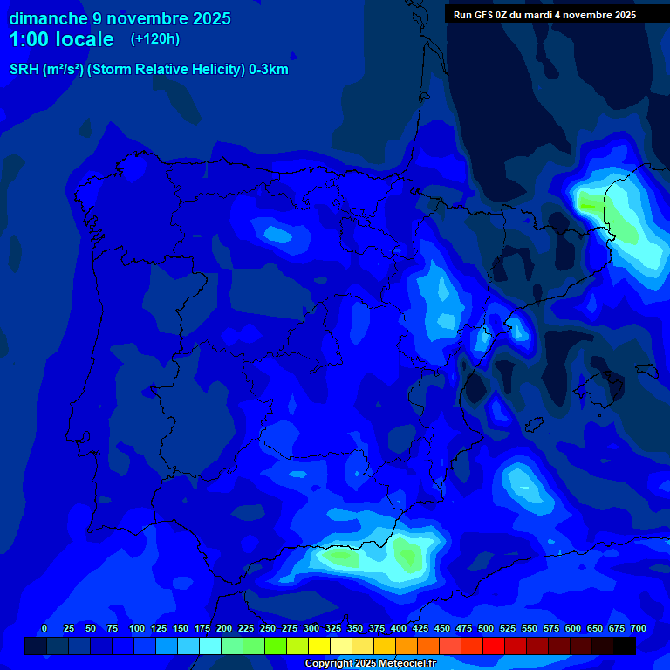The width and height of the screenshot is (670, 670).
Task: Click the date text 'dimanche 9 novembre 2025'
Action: tap(120, 18)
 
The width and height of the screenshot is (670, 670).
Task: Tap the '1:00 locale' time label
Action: tap(61, 39)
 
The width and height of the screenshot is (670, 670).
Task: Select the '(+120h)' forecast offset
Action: tap(154, 39)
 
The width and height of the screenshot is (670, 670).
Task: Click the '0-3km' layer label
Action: tap(269, 70)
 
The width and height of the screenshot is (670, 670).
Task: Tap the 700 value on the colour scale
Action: tap(639, 628)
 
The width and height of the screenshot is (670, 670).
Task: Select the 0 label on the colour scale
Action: tap(44, 628)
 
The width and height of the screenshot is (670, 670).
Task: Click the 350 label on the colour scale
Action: tap(355, 628)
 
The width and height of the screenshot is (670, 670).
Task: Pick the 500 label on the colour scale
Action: tap(486, 628)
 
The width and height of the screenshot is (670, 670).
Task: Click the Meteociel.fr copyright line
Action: tap(370, 664)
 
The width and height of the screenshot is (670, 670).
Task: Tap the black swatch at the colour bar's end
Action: tap(625, 646)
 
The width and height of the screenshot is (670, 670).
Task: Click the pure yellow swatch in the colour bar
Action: tap(319, 646)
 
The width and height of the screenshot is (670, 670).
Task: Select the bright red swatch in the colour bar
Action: tap(494, 646)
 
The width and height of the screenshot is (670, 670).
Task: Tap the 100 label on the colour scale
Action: tap(137, 628)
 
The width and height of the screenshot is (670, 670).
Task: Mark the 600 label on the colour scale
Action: tap(573, 628)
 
